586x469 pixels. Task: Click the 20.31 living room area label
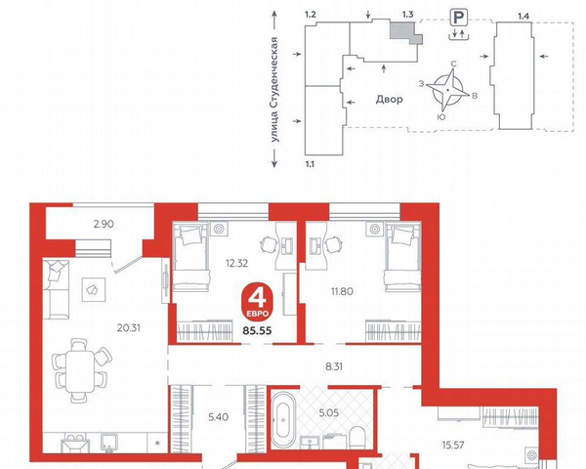click(129, 328)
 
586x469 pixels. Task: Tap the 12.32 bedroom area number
click(236, 263)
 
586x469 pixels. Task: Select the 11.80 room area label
click(342, 291)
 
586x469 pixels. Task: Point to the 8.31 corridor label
click(334, 366)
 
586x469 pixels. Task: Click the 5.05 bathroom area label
click(329, 413)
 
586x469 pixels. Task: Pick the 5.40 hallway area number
click(218, 416)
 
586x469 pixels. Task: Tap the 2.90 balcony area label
click(104, 224)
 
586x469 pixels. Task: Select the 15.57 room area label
click(453, 446)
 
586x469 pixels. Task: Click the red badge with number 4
click(257, 302)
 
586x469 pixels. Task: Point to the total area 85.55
click(257, 330)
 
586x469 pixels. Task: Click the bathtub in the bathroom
click(283, 419)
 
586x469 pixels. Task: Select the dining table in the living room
click(80, 371)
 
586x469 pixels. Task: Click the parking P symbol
click(459, 18)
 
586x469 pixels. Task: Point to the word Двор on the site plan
click(389, 100)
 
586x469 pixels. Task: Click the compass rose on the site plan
click(447, 90)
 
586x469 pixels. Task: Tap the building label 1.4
click(523, 16)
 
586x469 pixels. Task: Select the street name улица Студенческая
click(275, 90)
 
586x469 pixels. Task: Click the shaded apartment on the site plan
click(405, 32)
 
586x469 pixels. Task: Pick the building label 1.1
click(310, 164)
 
